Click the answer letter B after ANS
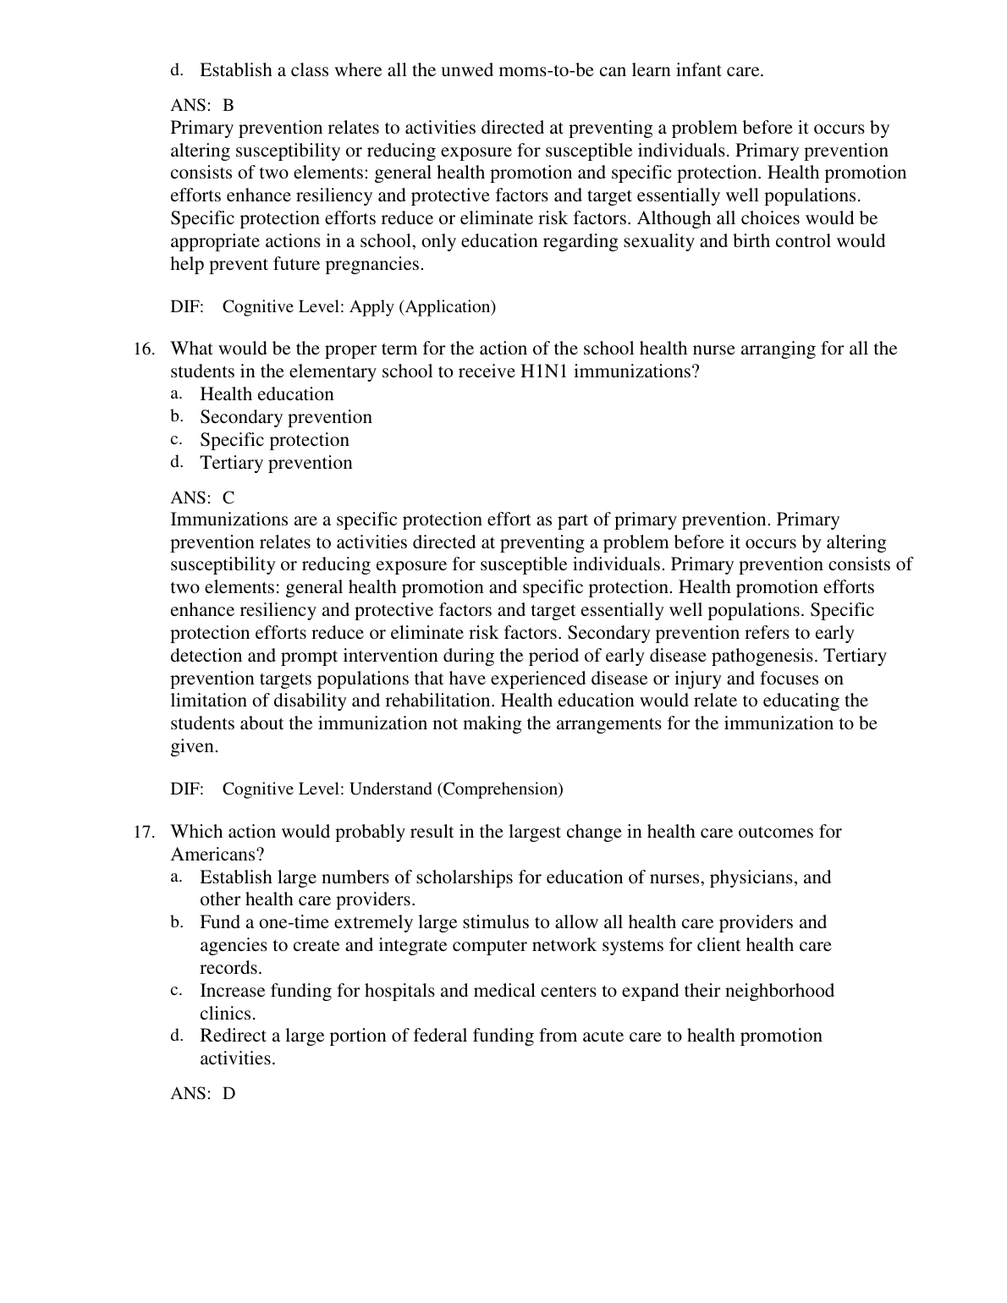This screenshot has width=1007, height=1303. (x=228, y=106)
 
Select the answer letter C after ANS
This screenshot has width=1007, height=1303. (x=228, y=498)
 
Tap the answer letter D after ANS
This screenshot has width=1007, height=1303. (x=229, y=1093)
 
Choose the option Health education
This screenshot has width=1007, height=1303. (x=267, y=394)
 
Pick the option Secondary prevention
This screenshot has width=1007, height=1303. (x=286, y=417)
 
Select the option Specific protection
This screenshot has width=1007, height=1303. (x=274, y=440)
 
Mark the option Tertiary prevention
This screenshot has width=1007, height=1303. (x=276, y=463)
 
